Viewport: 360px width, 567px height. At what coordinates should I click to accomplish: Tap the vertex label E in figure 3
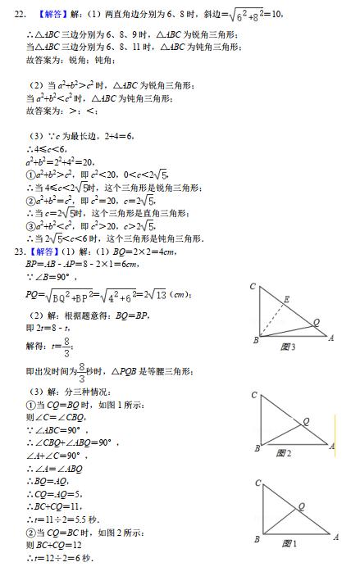click(x=288, y=299)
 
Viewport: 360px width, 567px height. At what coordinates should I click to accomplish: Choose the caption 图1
click(x=288, y=543)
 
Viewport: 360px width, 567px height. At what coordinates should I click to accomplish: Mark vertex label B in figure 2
click(x=257, y=448)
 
